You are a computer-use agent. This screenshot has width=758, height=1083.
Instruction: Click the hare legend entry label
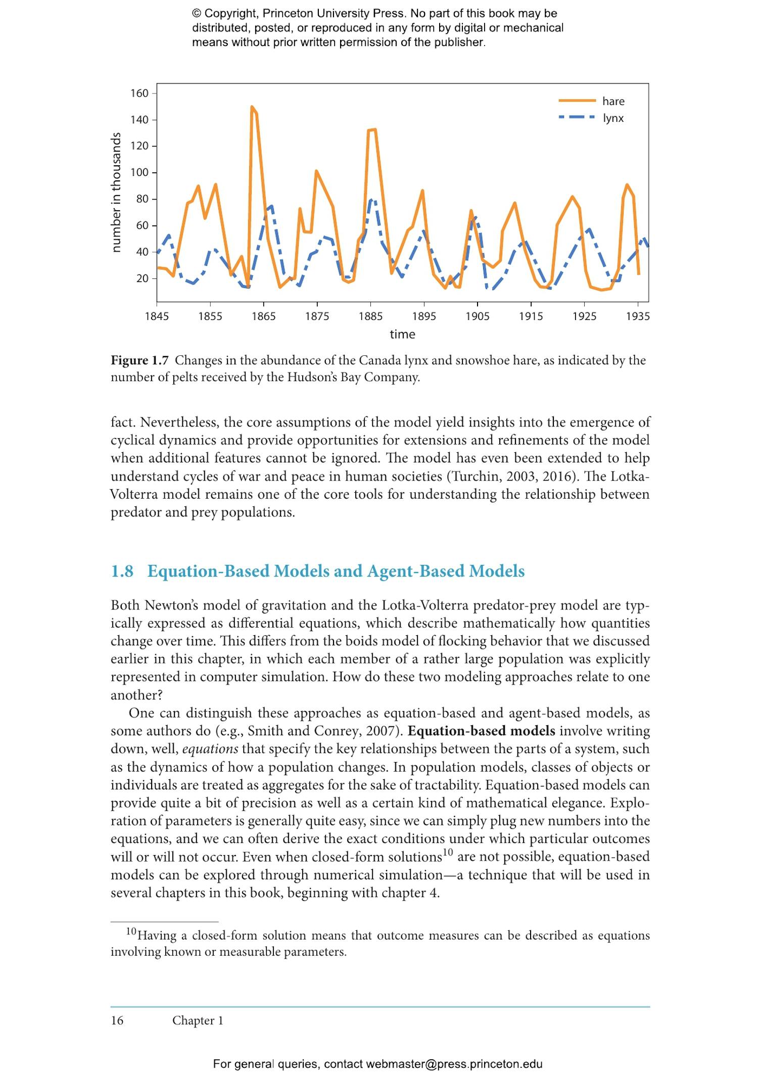tap(613, 102)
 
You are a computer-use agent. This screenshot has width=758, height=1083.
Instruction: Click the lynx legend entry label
tap(613, 118)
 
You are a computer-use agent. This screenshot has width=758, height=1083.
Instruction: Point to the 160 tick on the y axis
tap(139, 93)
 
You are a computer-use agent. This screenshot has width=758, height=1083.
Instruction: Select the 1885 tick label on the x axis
tap(370, 316)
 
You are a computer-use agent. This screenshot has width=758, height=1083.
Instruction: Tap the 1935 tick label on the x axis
tap(638, 316)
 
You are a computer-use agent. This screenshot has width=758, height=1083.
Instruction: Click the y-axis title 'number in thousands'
tap(116, 192)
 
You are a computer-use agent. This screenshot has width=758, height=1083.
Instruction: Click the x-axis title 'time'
tap(402, 334)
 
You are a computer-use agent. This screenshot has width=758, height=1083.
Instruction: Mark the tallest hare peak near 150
tap(252, 107)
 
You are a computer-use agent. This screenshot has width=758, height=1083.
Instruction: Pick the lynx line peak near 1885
tap(371, 200)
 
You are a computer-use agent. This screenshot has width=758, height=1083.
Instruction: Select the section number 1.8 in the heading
tap(122, 571)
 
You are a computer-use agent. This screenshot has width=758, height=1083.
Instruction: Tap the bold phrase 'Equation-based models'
tap(481, 731)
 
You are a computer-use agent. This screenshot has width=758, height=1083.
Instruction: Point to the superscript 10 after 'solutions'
tap(448, 853)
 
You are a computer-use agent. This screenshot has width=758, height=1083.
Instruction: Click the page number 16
tap(117, 1020)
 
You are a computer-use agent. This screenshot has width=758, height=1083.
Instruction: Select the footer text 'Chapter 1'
tap(198, 1020)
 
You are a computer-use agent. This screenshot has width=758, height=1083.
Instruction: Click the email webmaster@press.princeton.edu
tap(454, 1064)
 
